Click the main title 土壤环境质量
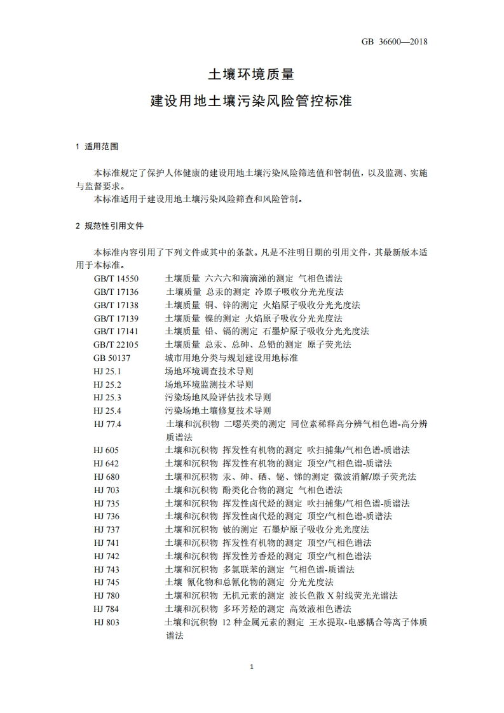point(252,74)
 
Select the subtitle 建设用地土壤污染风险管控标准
point(252,100)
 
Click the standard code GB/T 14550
point(116,278)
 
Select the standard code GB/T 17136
point(116,292)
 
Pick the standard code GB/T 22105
point(116,344)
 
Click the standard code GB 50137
point(112,358)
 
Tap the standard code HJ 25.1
point(107,371)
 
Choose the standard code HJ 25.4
point(107,411)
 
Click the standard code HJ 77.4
point(107,424)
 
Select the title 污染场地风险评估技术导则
point(218,397)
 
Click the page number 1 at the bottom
point(252,667)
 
